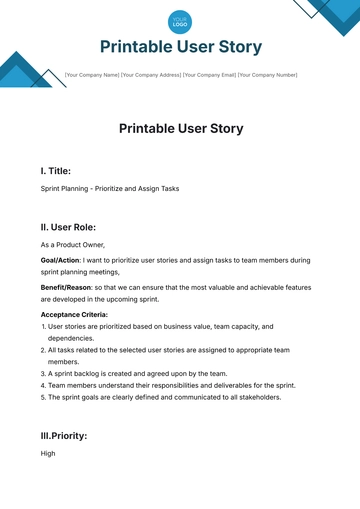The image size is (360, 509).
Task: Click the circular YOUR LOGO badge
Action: [180, 20]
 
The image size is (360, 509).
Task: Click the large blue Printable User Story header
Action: [180, 47]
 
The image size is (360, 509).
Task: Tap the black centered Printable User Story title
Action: [180, 128]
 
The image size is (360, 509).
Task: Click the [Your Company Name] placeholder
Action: [91, 74]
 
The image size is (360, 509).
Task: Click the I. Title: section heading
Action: [55, 171]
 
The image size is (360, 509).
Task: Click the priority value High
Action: [48, 453]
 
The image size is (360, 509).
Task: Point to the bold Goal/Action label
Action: [60, 260]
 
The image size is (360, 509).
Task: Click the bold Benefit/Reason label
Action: [65, 286]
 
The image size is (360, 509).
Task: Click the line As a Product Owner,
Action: [72, 245]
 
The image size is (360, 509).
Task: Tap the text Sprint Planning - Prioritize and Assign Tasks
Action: [109, 189]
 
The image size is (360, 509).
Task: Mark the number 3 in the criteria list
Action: [44, 373]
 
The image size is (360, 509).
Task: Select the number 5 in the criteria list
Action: [44, 396]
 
